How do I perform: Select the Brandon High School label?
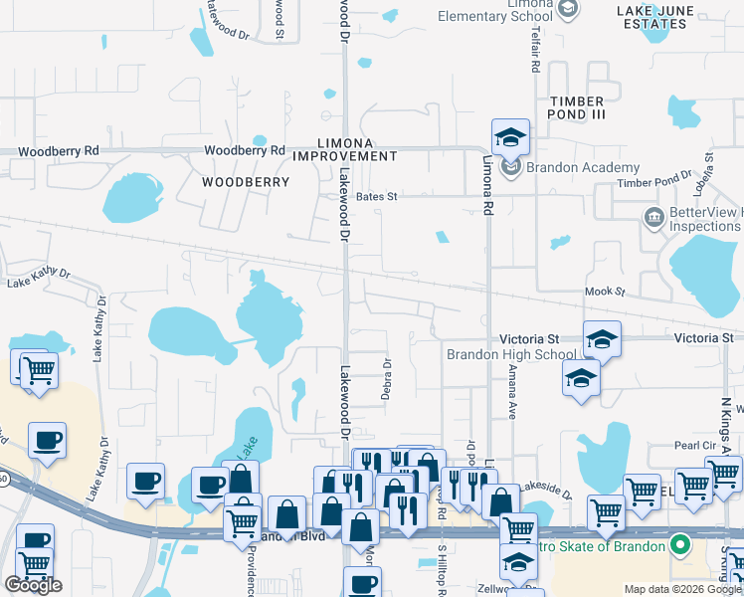point(510,354)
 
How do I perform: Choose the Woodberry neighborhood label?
point(246,182)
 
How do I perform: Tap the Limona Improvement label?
point(358,149)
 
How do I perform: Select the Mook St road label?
point(604,293)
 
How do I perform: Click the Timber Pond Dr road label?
point(654,180)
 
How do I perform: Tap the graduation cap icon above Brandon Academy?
point(510,136)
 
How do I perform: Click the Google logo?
point(34,585)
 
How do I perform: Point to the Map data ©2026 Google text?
point(682,589)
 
